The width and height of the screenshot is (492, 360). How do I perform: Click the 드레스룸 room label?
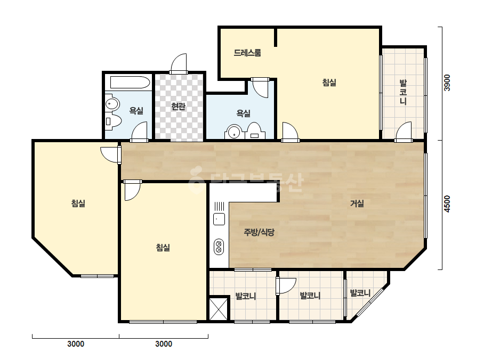pos(247,53)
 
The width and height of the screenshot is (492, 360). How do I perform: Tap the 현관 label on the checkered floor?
pos(178,107)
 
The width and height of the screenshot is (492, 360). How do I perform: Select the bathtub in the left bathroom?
pos(130,83)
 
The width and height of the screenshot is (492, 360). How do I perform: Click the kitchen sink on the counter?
pos(219,219)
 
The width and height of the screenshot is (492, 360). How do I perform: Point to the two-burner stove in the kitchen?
pos(219,247)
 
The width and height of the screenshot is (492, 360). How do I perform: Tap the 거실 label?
pos(357,203)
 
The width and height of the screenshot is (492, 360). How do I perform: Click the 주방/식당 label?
pos(259,232)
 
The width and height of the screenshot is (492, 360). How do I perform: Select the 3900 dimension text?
pos(447,83)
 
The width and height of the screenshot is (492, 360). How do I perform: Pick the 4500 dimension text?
pos(447,204)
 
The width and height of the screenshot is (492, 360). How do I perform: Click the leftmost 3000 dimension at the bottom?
pos(76,344)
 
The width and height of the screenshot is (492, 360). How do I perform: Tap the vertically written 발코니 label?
pos(403,92)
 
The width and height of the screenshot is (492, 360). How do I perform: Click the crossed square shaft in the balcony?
pos(219,309)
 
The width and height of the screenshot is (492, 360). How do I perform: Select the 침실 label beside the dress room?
pos(329,83)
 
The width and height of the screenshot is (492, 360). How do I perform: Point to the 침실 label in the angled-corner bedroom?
pos(78,203)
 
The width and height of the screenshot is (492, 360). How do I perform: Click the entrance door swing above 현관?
pos(179,64)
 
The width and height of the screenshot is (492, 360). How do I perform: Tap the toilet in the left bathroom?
pos(112,121)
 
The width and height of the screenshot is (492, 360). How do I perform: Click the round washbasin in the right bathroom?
pos(234,132)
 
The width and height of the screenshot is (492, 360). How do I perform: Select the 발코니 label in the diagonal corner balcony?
pos(360,293)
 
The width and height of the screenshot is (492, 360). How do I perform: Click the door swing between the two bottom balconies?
pos(286,285)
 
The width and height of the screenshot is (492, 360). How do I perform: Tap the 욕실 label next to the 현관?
pos(136,110)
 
